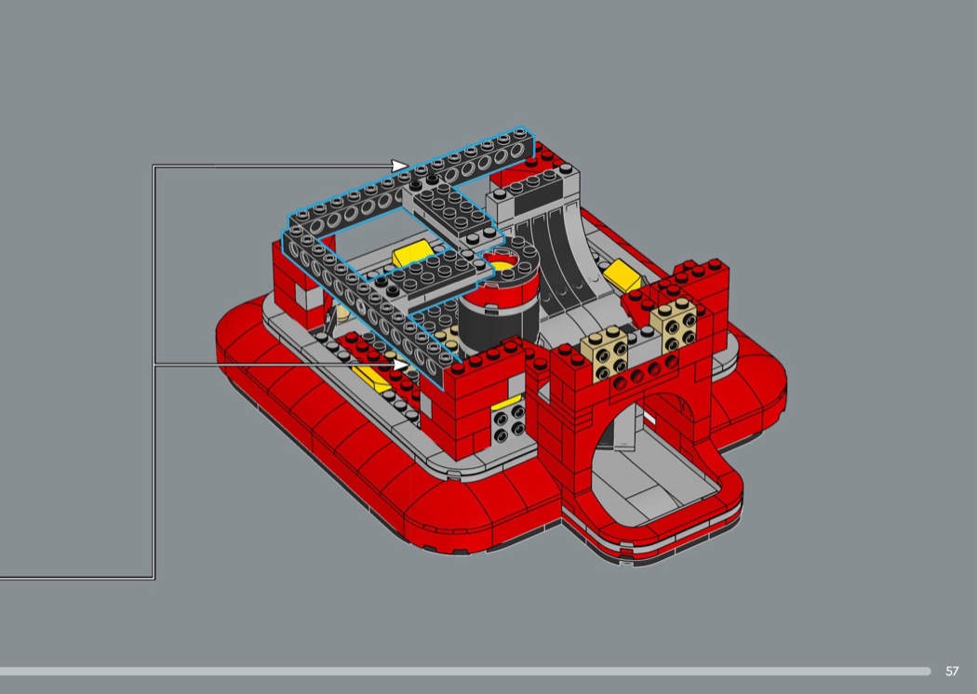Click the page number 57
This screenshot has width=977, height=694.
click(952, 671)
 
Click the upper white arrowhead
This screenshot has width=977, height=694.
click(399, 166)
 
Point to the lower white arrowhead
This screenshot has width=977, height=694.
click(399, 365)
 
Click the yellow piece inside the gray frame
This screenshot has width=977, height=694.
click(413, 254)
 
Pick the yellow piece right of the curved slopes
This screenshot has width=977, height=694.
click(622, 276)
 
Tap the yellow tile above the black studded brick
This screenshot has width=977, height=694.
click(506, 403)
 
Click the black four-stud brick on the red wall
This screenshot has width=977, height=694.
click(509, 423)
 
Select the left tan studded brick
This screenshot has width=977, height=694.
click(605, 354)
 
